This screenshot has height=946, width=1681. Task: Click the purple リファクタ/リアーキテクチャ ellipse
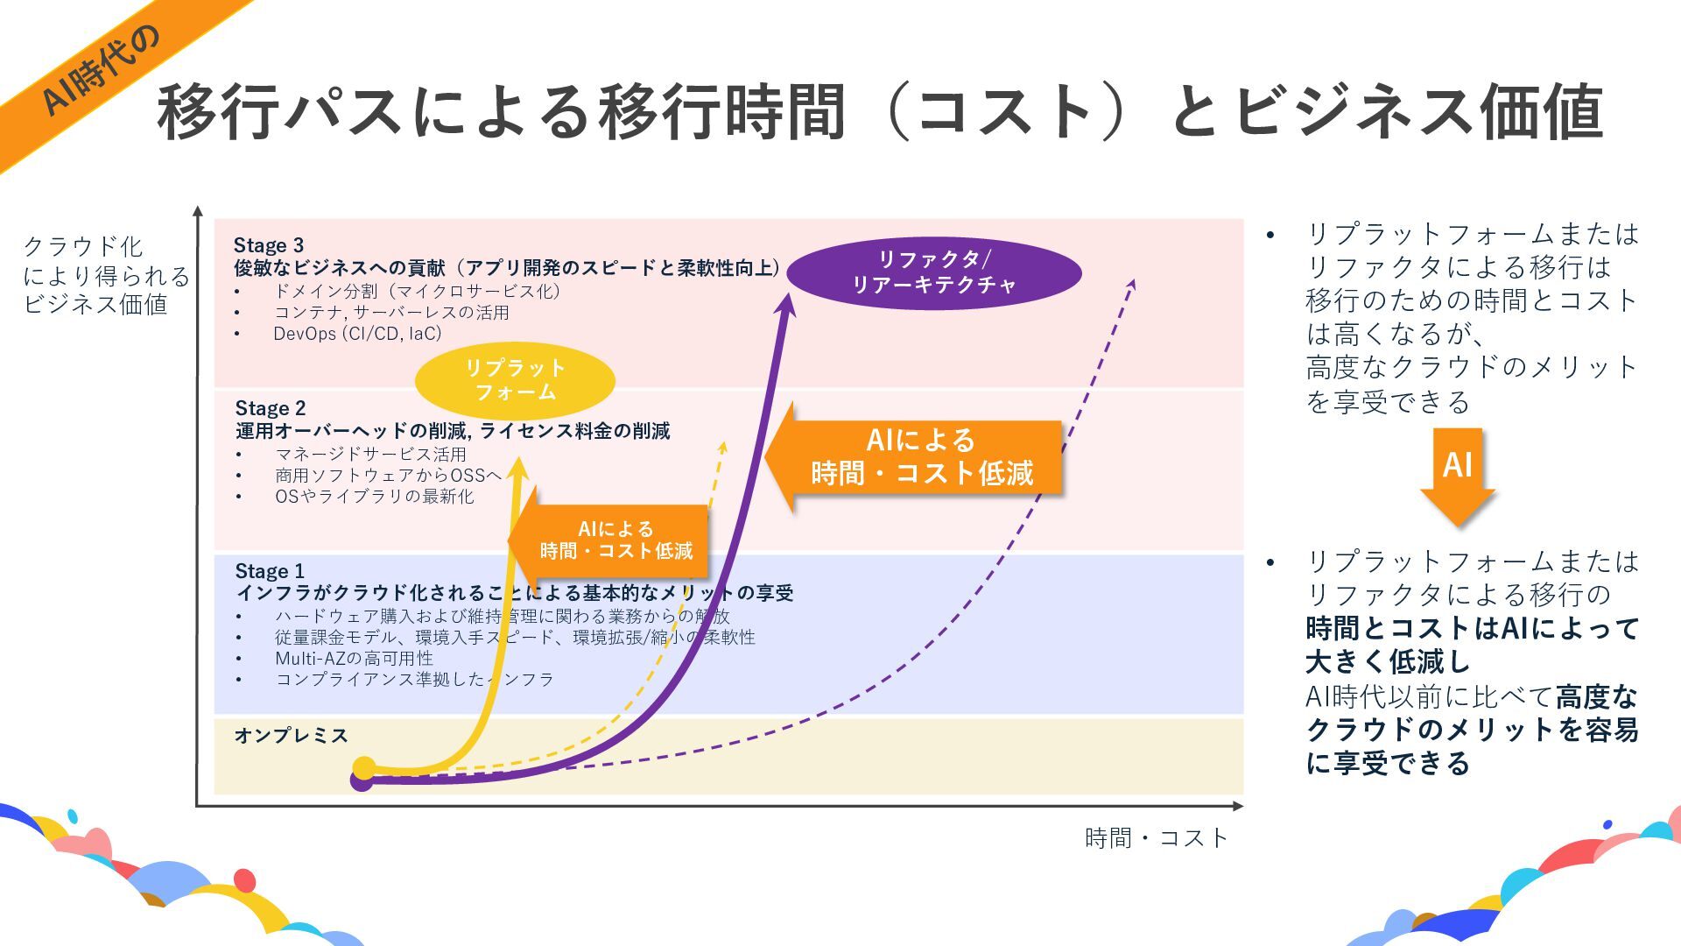pos(933,272)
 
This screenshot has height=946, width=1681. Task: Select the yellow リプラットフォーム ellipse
pos(515,380)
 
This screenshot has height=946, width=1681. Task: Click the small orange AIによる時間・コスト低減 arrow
pos(613,540)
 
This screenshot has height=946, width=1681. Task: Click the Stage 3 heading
pos(269,245)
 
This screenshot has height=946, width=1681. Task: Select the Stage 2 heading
pos(271,408)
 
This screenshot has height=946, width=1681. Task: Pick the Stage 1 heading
pos(270,571)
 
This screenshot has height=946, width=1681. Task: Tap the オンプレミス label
pos(291,735)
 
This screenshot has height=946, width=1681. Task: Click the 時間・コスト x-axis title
pos(1157,838)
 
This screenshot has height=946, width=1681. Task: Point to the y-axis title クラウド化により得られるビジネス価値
pos(105,275)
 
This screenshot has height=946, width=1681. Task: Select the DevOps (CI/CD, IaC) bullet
pos(357,334)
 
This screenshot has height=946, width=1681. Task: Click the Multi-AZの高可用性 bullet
pos(354,659)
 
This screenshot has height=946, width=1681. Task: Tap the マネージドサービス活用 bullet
pos(370,454)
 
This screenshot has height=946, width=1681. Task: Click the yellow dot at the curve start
pos(364,768)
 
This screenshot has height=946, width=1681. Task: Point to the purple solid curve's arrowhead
pos(784,304)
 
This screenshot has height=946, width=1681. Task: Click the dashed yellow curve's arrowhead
pos(722,447)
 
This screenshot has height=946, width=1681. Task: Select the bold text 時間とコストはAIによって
pos(1472,628)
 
